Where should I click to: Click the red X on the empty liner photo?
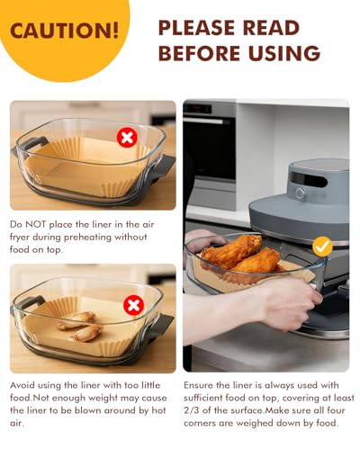click(127, 138)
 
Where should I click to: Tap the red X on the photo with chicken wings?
click(133, 305)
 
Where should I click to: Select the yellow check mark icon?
click(321, 246)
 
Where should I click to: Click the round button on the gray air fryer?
click(300, 193)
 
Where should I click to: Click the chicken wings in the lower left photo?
click(76, 325)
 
